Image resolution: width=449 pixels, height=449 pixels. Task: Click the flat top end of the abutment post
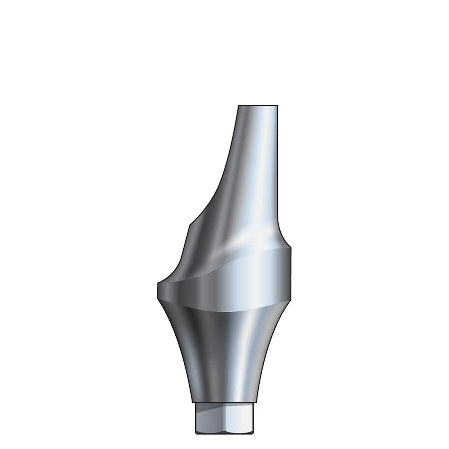pos(258,106)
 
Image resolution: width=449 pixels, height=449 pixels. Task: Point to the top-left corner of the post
pos(238,106)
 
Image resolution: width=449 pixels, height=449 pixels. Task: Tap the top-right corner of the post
pos(277,106)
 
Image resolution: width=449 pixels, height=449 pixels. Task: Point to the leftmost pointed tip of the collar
pos(158,284)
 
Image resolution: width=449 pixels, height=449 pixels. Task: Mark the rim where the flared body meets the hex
pos(224,401)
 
